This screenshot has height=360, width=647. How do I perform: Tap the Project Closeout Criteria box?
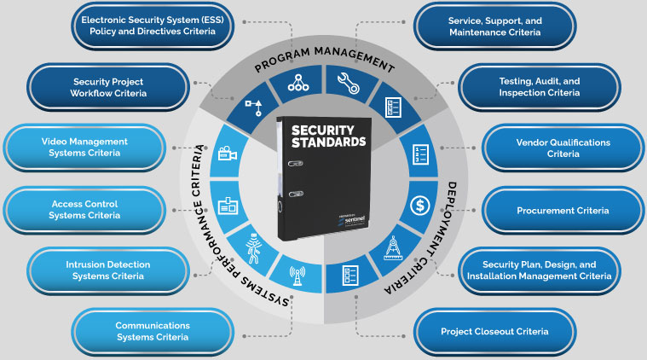(494, 331)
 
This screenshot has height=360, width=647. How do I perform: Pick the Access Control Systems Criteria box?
(84, 210)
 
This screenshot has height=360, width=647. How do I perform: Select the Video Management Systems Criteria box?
(84, 147)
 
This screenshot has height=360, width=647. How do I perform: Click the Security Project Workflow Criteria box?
(107, 88)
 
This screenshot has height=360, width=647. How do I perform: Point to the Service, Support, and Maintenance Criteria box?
(494, 26)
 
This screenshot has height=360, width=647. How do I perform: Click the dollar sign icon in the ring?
(419, 206)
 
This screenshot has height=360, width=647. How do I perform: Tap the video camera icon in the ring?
(227, 155)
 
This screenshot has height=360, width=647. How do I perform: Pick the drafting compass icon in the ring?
(395, 247)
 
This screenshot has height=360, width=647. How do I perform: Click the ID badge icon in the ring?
(227, 205)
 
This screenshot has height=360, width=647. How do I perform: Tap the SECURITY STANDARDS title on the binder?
(327, 137)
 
